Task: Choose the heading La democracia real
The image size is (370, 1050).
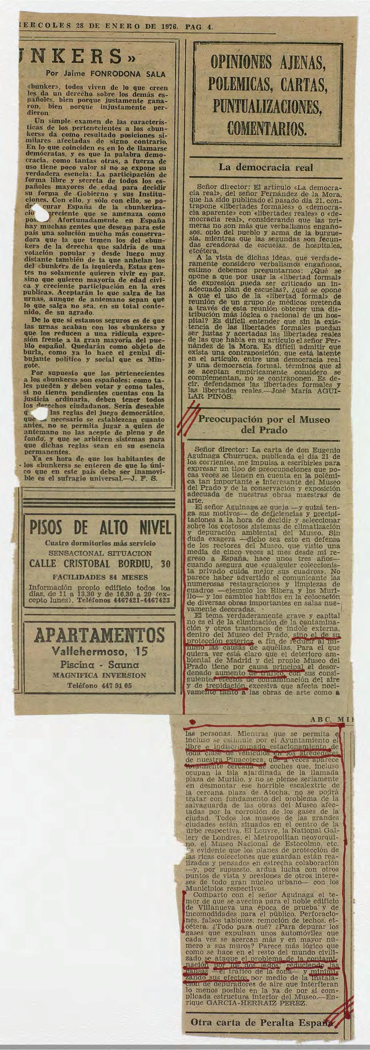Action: point(266,167)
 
